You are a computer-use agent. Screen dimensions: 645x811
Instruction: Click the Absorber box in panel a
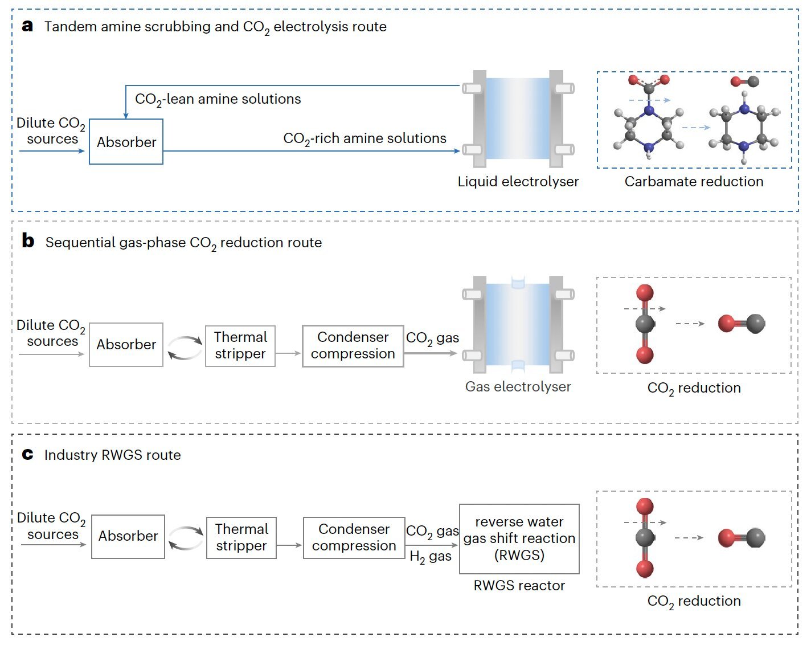pos(126,142)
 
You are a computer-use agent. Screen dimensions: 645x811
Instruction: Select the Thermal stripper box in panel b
pos(240,346)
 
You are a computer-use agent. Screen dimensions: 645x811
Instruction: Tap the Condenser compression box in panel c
pos(354,537)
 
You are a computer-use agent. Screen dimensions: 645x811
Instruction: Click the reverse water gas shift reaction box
pos(519,538)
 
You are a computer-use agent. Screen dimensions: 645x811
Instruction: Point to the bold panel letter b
pos(28,241)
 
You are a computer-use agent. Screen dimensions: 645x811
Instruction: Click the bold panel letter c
pos(27,454)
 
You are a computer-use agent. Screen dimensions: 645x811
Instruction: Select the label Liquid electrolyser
pos(518,182)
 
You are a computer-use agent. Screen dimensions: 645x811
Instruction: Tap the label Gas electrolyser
pos(518,387)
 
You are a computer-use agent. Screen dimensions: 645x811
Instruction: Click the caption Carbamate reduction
pos(694,182)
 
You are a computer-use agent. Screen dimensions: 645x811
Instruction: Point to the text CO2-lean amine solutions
pos(218,99)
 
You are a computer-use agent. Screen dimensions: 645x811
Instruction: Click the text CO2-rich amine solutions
pos(364,138)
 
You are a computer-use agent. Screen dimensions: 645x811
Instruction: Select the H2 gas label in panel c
pos(431,557)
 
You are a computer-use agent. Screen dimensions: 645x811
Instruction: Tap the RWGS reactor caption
pos(519,585)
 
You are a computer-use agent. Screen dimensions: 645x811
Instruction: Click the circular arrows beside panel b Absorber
pos(185,348)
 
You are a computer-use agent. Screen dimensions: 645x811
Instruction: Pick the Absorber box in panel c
pos(128,536)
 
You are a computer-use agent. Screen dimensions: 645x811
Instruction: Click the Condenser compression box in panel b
pos(353,346)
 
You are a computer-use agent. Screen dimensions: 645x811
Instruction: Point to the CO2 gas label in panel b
pos(432,338)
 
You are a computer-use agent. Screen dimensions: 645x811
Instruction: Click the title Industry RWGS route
pos(112,455)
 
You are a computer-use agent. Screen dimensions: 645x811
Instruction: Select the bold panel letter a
pos(27,26)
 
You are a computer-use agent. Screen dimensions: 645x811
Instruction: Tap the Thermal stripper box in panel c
pos(241,537)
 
